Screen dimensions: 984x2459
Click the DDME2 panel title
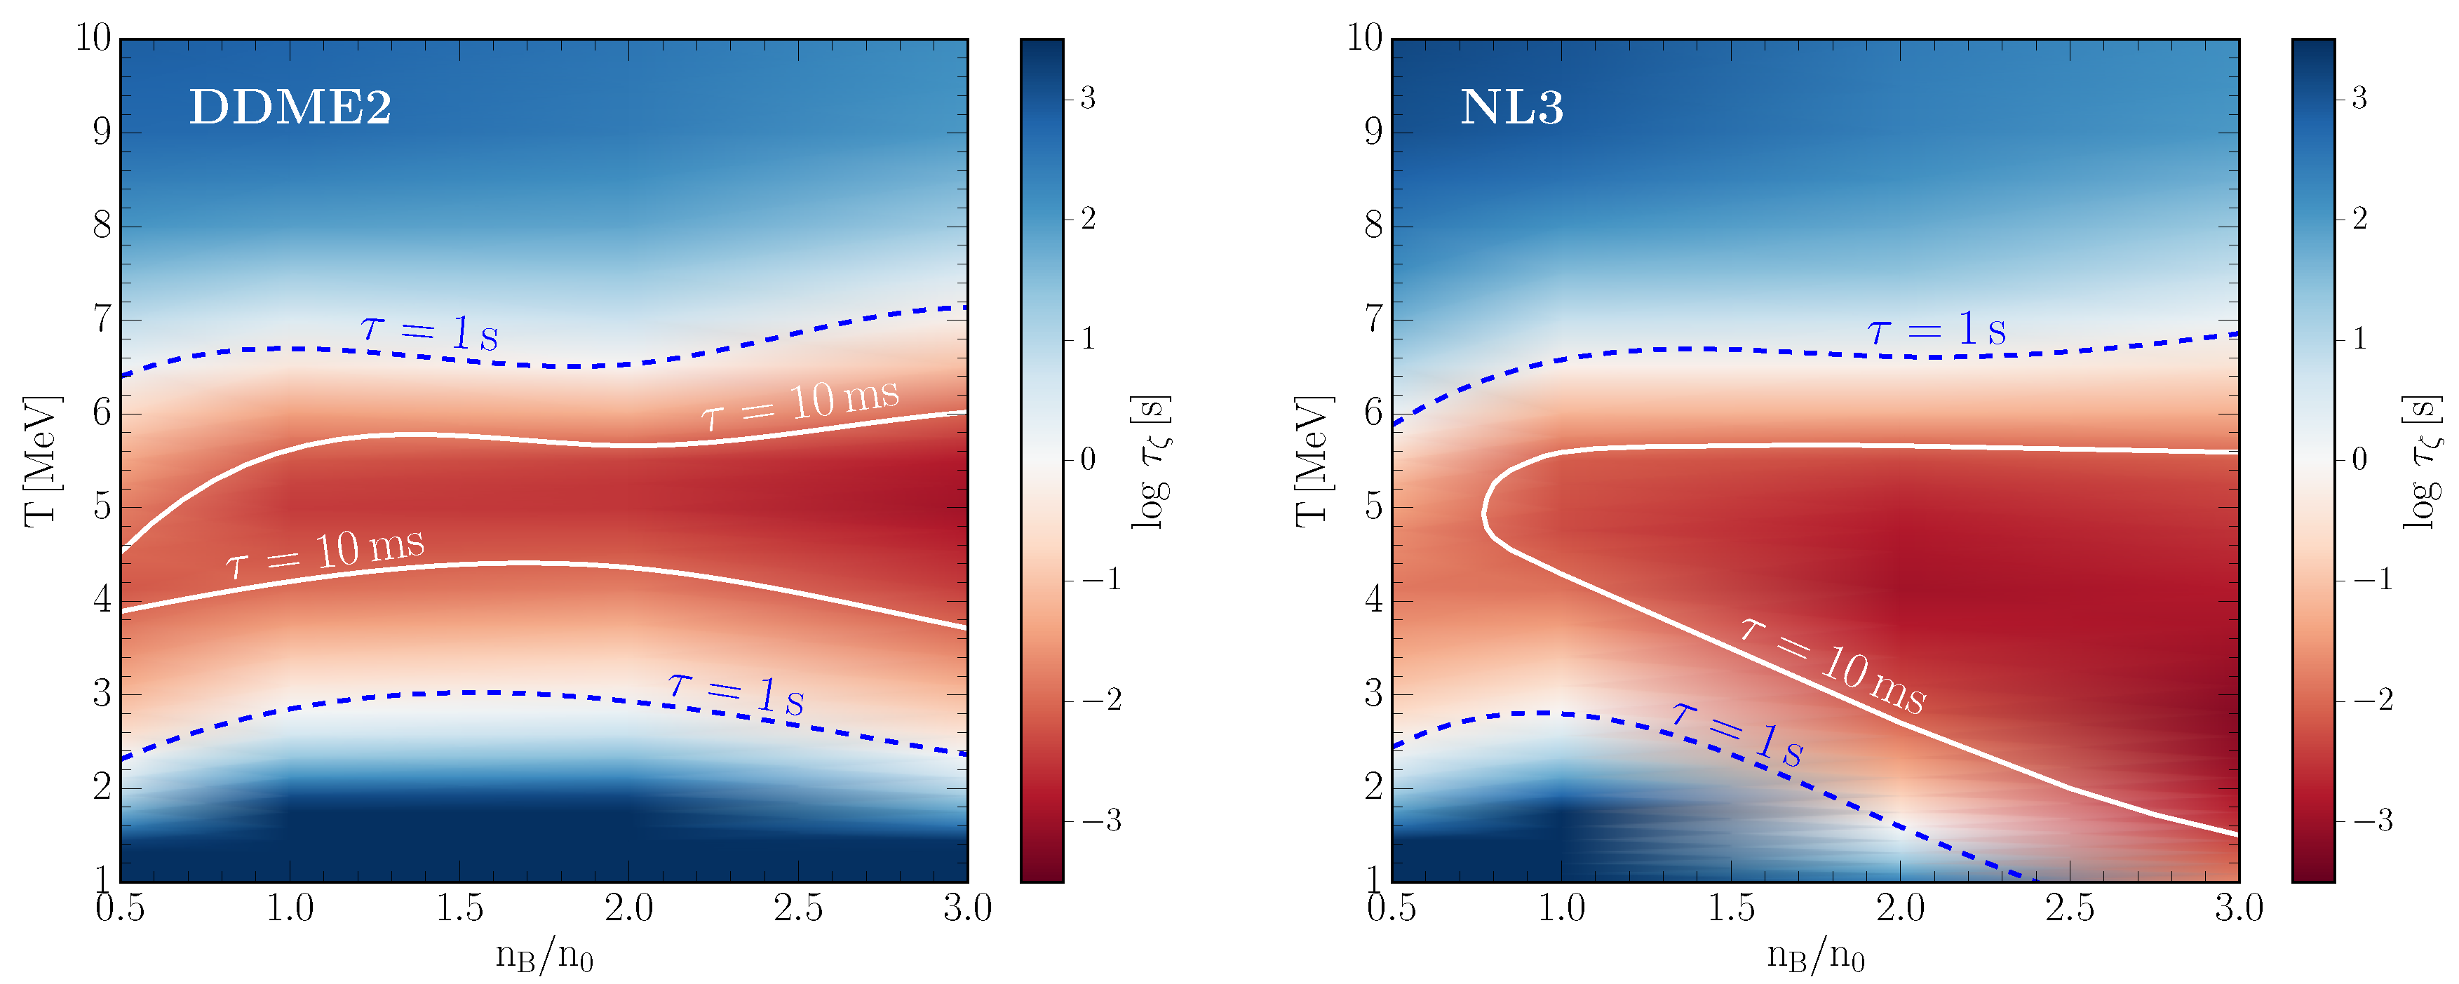pos(290,107)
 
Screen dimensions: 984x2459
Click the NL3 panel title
pos(1512,107)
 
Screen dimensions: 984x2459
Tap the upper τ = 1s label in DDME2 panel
pos(429,331)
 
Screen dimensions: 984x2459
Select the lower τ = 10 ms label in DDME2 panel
pos(325,553)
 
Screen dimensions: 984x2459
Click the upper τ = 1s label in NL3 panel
pos(1937,330)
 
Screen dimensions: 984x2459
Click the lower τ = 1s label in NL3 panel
pos(1737,734)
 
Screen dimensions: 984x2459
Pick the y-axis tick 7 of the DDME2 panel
pos(101,319)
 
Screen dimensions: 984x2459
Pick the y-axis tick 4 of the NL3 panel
pos(1373,600)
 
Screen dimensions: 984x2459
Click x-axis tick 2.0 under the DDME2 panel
pos(628,908)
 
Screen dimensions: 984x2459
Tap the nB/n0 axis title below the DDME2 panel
pos(544,955)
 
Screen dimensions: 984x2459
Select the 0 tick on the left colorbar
pos(1087,460)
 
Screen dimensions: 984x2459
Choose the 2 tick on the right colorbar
pos(2359,219)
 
